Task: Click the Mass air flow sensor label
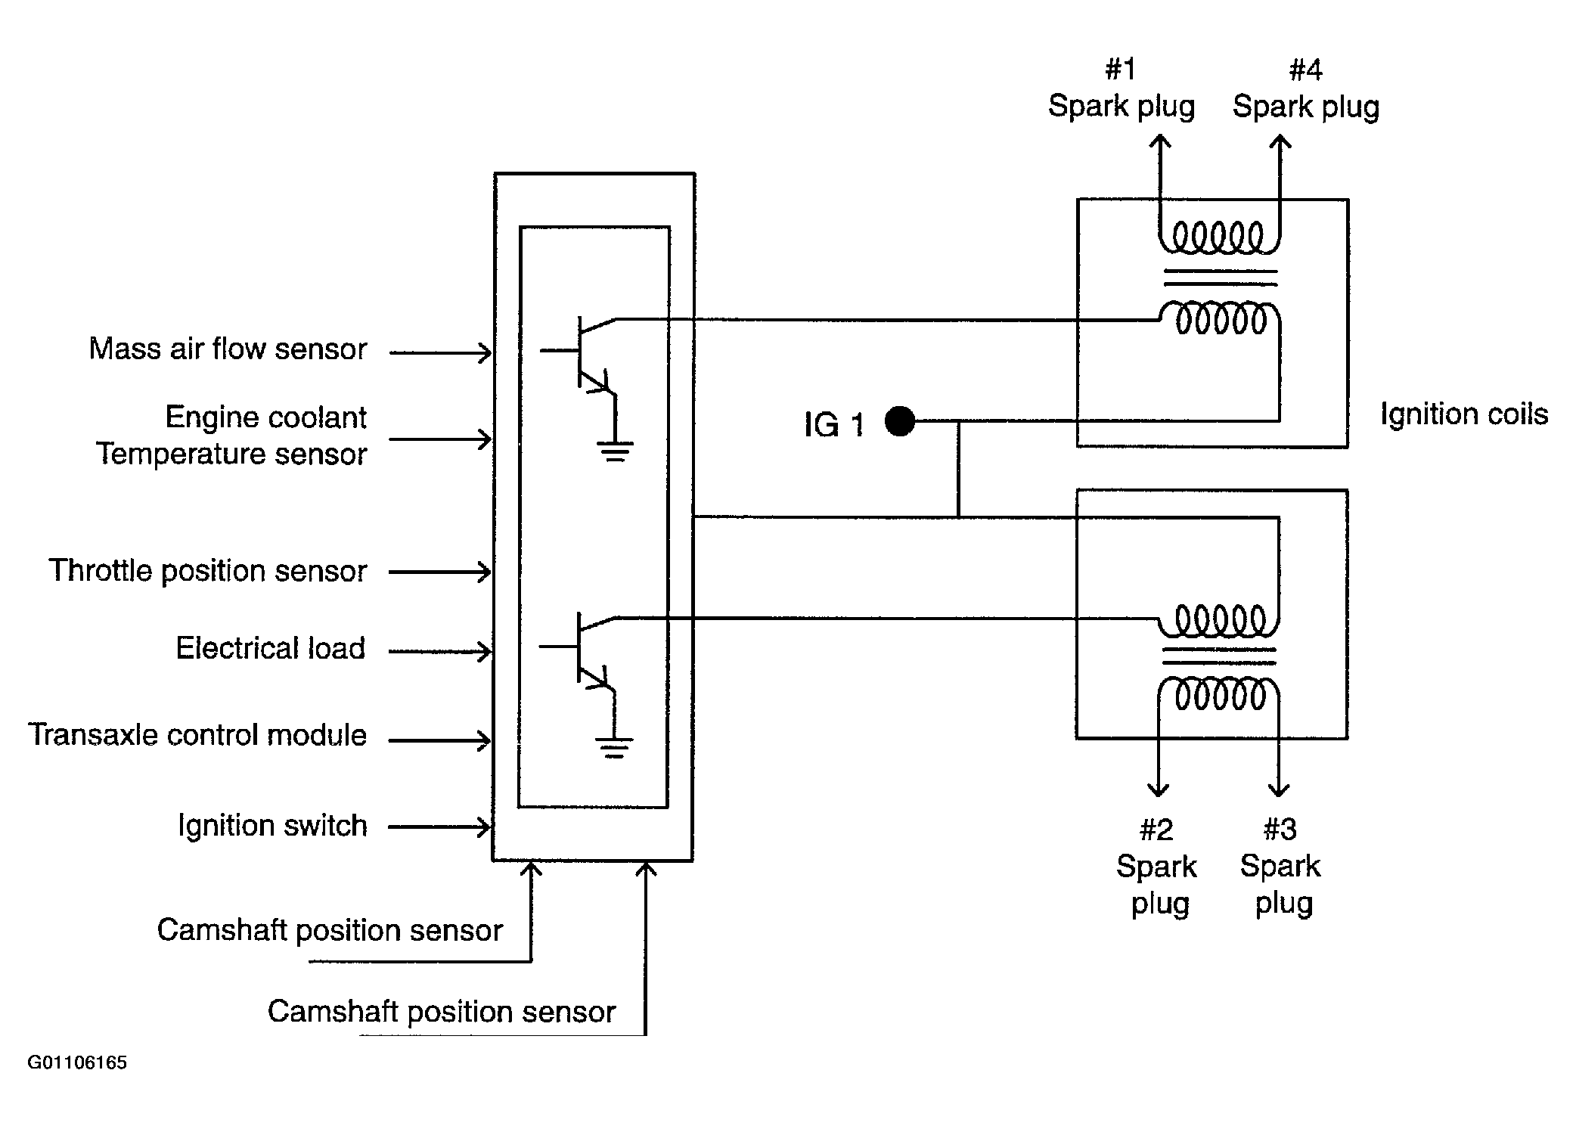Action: pos(228,349)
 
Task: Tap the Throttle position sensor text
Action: pos(208,571)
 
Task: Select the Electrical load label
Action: pos(271,649)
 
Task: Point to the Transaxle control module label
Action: pos(197,735)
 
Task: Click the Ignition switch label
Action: pos(272,825)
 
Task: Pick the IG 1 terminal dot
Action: pos(899,421)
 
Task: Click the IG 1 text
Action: pos(833,425)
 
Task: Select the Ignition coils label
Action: pos(1464,414)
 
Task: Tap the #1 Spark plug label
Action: pos(1122,88)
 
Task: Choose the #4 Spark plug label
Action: pos(1306,88)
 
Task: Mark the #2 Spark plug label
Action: pos(1157,867)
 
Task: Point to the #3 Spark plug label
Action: pos(1280,867)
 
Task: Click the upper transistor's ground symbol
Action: pos(615,451)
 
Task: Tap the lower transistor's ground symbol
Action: pos(614,747)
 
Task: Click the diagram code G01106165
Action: pos(77,1062)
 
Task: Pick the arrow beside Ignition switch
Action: pos(440,827)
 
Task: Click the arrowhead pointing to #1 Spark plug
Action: pos(1159,141)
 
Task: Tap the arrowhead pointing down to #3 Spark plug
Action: pos(1279,789)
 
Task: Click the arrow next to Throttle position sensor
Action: pos(440,572)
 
